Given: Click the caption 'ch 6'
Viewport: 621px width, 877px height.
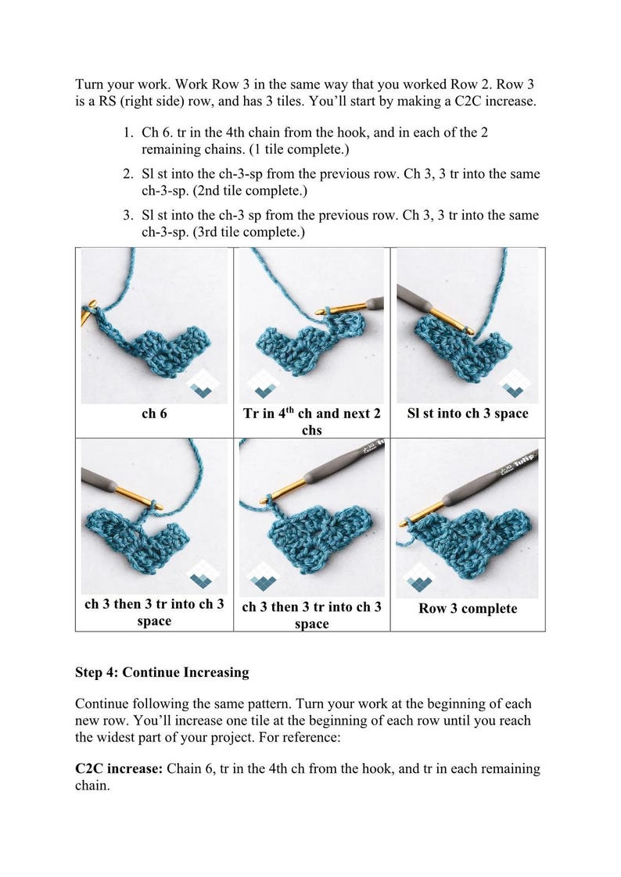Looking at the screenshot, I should pos(153,414).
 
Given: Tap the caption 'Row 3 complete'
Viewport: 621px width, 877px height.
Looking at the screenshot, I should pos(467,609).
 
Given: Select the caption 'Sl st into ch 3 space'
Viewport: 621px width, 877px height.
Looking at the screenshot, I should pos(467,414).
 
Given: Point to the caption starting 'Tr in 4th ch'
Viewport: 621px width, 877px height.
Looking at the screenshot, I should pos(311,421).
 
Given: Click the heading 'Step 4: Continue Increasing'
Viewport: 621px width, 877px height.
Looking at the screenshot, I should pos(162,672).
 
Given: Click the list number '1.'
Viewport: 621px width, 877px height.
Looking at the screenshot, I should pos(127,133).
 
